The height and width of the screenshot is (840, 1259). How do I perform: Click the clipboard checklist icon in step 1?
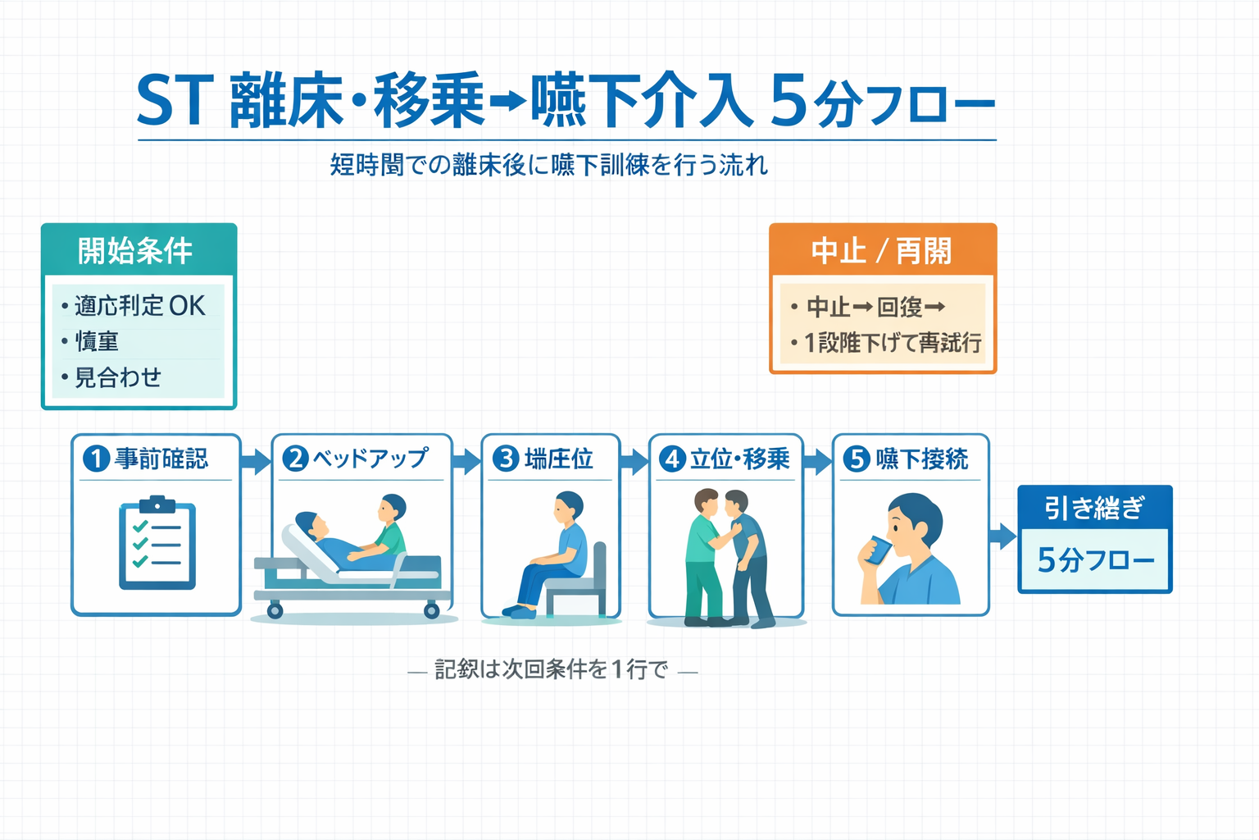click(x=157, y=542)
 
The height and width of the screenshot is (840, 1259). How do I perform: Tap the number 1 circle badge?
click(x=96, y=458)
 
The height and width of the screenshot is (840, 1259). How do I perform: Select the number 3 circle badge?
click(x=506, y=458)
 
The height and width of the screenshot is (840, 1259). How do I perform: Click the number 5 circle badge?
click(x=857, y=458)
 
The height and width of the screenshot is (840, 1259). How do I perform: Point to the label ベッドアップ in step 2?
click(x=370, y=458)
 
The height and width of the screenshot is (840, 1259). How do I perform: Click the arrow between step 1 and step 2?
click(x=256, y=461)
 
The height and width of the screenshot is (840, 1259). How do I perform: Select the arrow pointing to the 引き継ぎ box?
click(x=1002, y=536)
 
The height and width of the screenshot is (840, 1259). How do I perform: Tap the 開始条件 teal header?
click(x=139, y=250)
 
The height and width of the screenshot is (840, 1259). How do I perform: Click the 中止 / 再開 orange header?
click(x=882, y=250)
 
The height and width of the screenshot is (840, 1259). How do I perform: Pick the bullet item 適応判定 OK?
click(x=139, y=306)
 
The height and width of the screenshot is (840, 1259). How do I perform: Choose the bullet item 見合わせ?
click(x=118, y=377)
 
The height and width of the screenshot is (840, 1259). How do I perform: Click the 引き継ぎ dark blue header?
click(x=1094, y=508)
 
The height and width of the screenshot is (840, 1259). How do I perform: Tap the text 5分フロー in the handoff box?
click(x=1095, y=560)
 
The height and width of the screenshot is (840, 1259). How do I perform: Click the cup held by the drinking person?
click(x=879, y=550)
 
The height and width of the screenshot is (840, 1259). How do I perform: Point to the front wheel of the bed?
click(x=275, y=610)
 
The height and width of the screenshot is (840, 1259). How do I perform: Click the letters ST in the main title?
click(x=175, y=101)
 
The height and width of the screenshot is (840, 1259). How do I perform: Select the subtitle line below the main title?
click(x=548, y=166)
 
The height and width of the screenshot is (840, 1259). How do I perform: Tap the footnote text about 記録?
click(x=552, y=669)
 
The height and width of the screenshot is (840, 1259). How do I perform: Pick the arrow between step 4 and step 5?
click(x=817, y=461)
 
